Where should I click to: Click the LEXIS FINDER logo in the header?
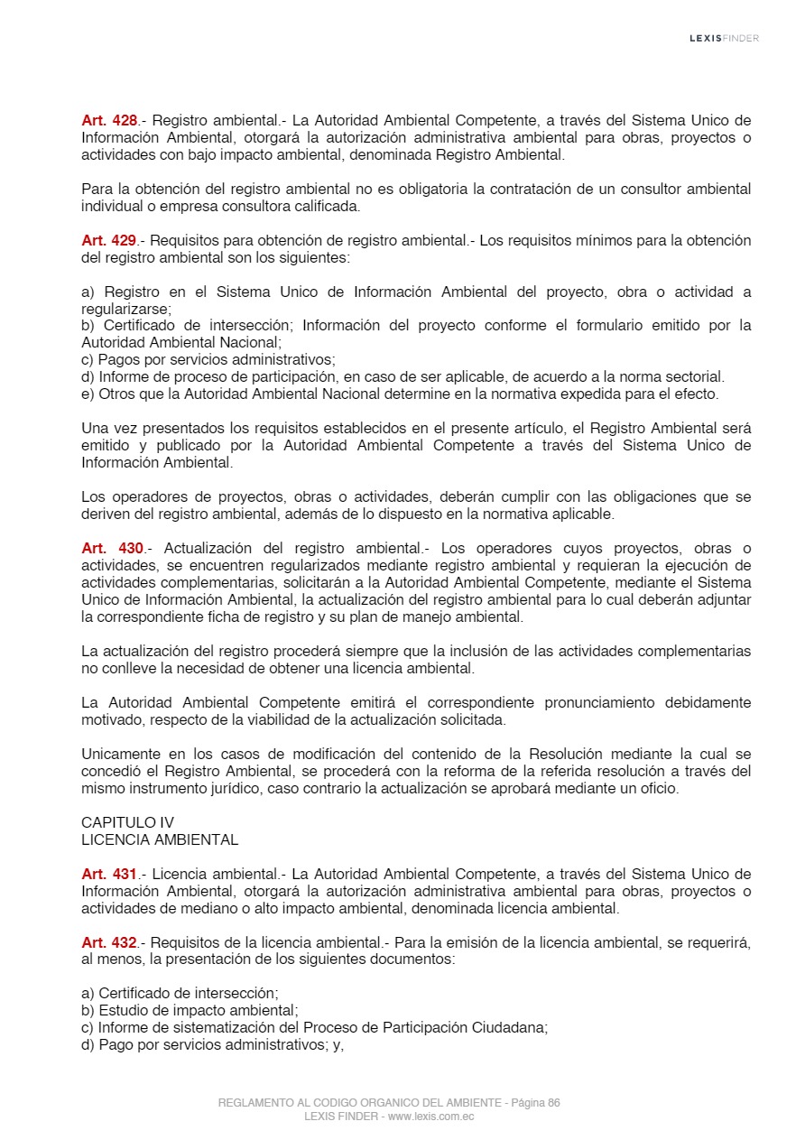724,38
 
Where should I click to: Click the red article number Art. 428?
109,120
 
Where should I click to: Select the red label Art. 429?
109,240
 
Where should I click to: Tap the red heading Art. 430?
112,549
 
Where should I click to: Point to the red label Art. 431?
109,874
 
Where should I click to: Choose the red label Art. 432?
109,942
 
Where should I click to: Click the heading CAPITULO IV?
127,822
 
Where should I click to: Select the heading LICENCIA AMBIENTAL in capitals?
160,839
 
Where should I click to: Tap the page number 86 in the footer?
553,1103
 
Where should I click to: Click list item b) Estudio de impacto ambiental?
190,1011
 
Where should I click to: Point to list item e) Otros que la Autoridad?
397,394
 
